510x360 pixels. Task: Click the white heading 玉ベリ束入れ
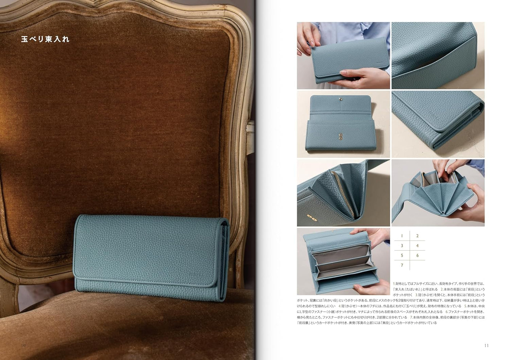(x=45, y=39)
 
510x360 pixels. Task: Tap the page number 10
(x=23, y=345)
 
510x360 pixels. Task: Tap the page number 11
(x=486, y=345)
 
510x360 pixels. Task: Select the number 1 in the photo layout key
(x=402, y=236)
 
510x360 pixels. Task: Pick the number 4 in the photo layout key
(x=417, y=245)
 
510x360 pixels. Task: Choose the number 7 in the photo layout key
(x=402, y=265)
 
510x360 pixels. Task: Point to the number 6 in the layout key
(x=417, y=255)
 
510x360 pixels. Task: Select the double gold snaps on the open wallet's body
(x=340, y=136)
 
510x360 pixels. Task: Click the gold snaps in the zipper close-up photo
(x=310, y=217)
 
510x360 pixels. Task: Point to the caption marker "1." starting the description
(x=394, y=284)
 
